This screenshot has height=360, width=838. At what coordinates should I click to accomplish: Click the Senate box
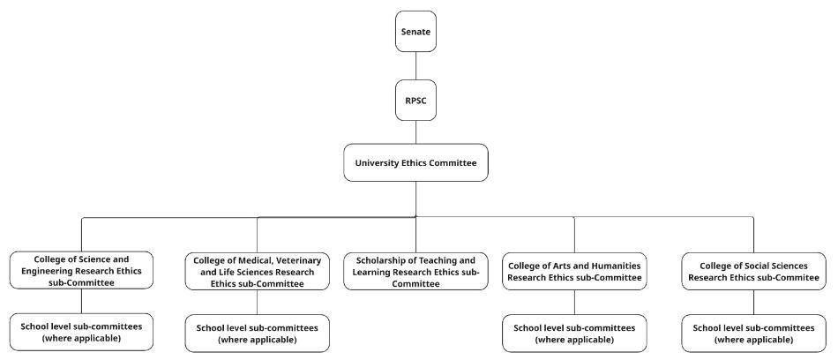[415, 32]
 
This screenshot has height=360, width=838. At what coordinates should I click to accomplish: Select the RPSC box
[415, 100]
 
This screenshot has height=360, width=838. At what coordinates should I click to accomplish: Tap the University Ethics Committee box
[415, 162]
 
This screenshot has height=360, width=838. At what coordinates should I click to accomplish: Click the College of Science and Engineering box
[81, 270]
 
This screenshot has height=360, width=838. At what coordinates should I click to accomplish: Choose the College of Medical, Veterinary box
[257, 272]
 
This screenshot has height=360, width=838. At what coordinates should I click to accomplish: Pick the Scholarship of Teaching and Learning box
[415, 272]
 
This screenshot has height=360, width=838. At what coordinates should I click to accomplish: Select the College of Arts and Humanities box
[573, 271]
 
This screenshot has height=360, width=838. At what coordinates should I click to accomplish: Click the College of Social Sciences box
[753, 271]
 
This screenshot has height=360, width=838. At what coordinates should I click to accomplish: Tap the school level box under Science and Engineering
[81, 332]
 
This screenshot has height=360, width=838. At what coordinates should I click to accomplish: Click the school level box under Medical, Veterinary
[257, 334]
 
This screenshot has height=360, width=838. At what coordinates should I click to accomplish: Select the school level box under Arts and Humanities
[573, 334]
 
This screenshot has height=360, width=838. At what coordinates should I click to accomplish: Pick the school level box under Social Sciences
[753, 334]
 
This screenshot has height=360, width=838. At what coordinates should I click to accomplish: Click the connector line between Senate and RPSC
[415, 65]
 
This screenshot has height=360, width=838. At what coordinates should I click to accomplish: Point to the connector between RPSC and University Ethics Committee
[415, 131]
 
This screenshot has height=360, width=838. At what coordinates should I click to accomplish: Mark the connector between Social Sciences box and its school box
[753, 301]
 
